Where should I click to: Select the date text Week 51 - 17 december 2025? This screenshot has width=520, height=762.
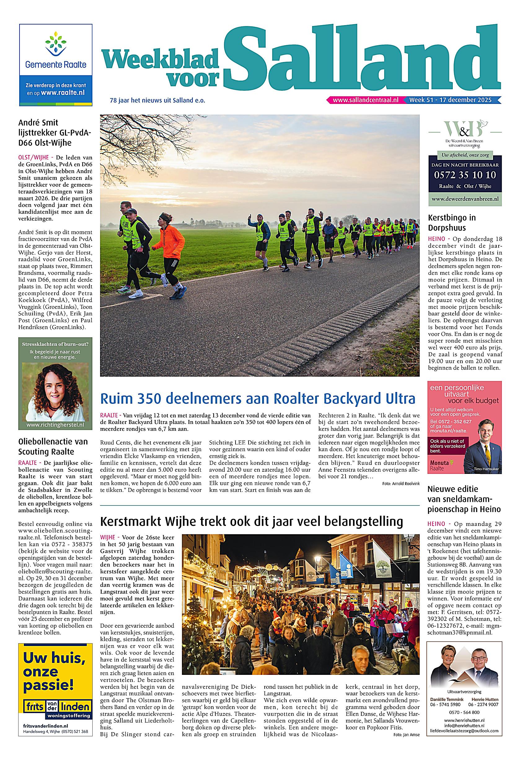tap(450, 100)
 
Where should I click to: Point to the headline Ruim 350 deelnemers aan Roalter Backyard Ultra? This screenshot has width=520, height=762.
tap(258, 399)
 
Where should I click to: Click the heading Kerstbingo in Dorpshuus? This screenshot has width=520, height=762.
tap(452, 222)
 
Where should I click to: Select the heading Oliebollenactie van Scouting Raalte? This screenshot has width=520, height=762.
tap(53, 446)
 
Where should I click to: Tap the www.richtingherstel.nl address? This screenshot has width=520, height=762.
tap(55, 425)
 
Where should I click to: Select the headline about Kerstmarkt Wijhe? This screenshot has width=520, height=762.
tap(251, 521)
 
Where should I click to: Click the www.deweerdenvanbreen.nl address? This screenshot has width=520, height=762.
tap(465, 199)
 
